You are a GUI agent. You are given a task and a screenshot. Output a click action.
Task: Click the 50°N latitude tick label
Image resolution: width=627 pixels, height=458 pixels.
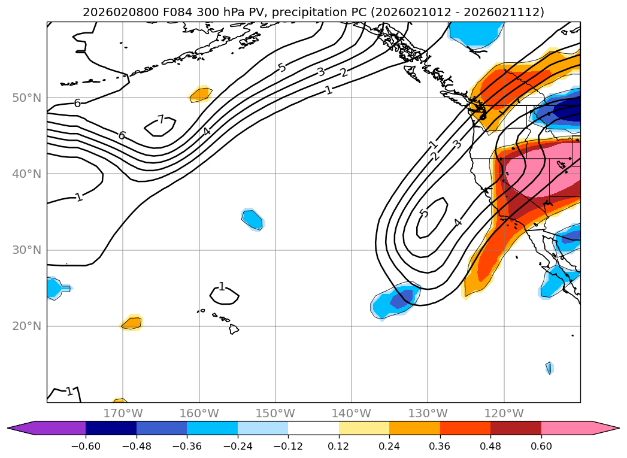pos(26,98)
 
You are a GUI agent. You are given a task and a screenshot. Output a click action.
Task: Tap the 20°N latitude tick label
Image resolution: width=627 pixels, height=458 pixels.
pos(26,326)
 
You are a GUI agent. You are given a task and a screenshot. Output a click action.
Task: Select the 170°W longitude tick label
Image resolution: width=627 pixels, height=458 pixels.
pos(123,413)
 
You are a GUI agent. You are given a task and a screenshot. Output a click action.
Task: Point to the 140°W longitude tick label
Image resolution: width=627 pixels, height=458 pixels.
pos(352,413)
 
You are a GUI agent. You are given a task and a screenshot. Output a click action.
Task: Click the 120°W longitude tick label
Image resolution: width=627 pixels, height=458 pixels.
pos(504,413)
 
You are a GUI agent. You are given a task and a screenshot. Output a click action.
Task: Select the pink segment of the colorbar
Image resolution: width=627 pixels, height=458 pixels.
pos(567,428)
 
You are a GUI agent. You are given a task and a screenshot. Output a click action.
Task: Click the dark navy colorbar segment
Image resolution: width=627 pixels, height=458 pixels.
pos(111,428)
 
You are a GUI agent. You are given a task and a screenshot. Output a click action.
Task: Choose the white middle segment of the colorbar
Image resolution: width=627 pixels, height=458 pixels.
pos(313,428)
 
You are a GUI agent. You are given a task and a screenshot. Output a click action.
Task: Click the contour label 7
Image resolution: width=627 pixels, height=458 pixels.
pos(160,120)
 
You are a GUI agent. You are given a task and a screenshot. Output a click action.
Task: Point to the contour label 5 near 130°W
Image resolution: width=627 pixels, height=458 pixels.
pos(424,214)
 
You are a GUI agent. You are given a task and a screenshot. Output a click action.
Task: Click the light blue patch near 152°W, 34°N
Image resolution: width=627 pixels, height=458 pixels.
pos(253,219)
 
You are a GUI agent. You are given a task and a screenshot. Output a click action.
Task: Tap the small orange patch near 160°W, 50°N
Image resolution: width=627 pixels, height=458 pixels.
pos(201,94)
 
